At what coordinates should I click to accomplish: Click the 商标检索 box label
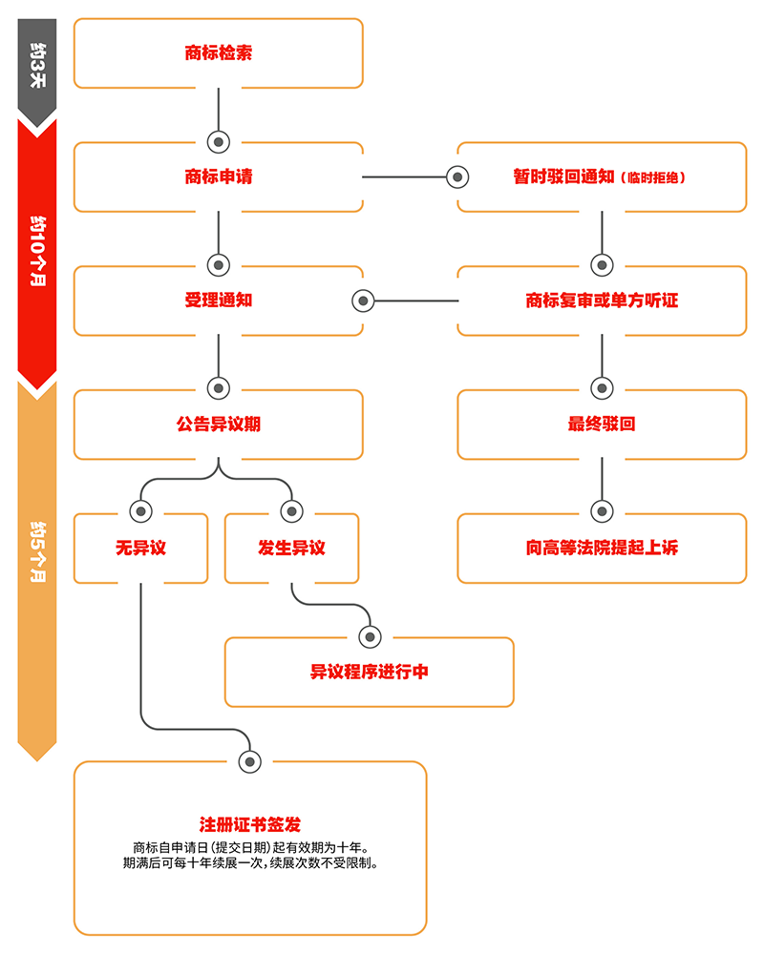click(219, 53)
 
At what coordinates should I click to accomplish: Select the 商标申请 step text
click(219, 176)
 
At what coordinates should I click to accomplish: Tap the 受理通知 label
click(219, 301)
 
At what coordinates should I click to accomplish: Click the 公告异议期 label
click(219, 425)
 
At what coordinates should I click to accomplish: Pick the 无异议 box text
click(141, 549)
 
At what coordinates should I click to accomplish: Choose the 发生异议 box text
click(291, 549)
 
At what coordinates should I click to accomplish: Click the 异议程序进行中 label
click(369, 672)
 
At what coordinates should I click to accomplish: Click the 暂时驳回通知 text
click(563, 176)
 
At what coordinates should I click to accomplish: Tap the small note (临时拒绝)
click(654, 177)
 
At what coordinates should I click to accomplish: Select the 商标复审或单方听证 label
click(602, 301)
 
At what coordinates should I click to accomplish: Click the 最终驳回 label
click(602, 425)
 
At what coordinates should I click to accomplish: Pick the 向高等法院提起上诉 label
click(602, 549)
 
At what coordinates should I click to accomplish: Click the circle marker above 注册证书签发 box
click(250, 760)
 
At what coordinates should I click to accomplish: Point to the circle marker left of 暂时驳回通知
click(458, 177)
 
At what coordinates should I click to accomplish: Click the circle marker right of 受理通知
click(363, 301)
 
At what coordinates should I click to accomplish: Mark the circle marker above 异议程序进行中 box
click(369, 636)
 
